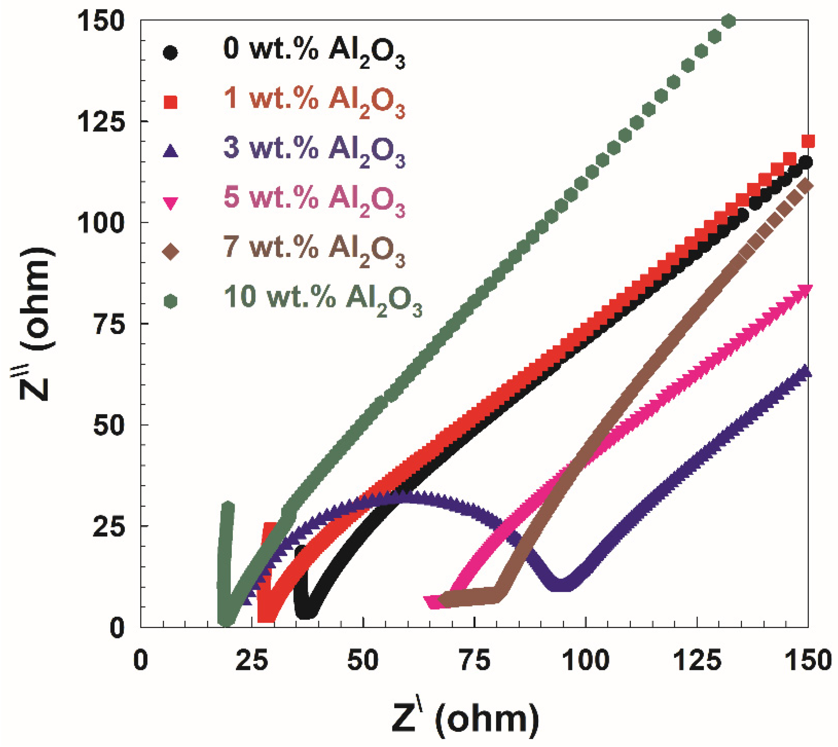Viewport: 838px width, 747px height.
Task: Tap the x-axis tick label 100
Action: pyautogui.click(x=586, y=661)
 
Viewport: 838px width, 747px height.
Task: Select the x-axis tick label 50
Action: pyautogui.click(x=362, y=661)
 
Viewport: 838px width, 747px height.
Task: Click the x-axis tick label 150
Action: pyautogui.click(x=807, y=661)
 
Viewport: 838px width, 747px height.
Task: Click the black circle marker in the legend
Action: pyautogui.click(x=170, y=53)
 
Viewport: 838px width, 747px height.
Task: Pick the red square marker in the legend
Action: pyautogui.click(x=170, y=102)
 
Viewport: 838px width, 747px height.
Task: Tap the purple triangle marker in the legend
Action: pyautogui.click(x=170, y=152)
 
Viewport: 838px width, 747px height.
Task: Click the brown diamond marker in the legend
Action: pyautogui.click(x=170, y=252)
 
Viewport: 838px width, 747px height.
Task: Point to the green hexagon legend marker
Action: pyautogui.click(x=170, y=302)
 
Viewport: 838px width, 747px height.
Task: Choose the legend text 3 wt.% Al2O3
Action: pyautogui.click(x=314, y=149)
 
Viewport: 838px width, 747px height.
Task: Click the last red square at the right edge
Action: pyautogui.click(x=808, y=142)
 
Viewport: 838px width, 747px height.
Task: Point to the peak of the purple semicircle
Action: pyautogui.click(x=404, y=495)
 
